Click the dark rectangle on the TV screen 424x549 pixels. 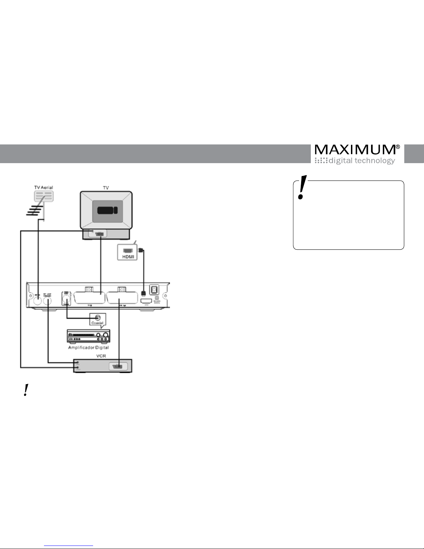pyautogui.click(x=107, y=210)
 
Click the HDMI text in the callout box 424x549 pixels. pyautogui.click(x=127, y=256)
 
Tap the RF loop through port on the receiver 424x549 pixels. pyautogui.click(x=48, y=300)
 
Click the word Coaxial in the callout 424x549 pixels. pyautogui.click(x=97, y=323)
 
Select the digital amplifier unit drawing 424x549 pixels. pyautogui.click(x=89, y=336)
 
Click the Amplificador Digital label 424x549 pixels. pyautogui.click(x=89, y=347)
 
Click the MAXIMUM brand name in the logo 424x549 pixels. pyautogui.click(x=355, y=150)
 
